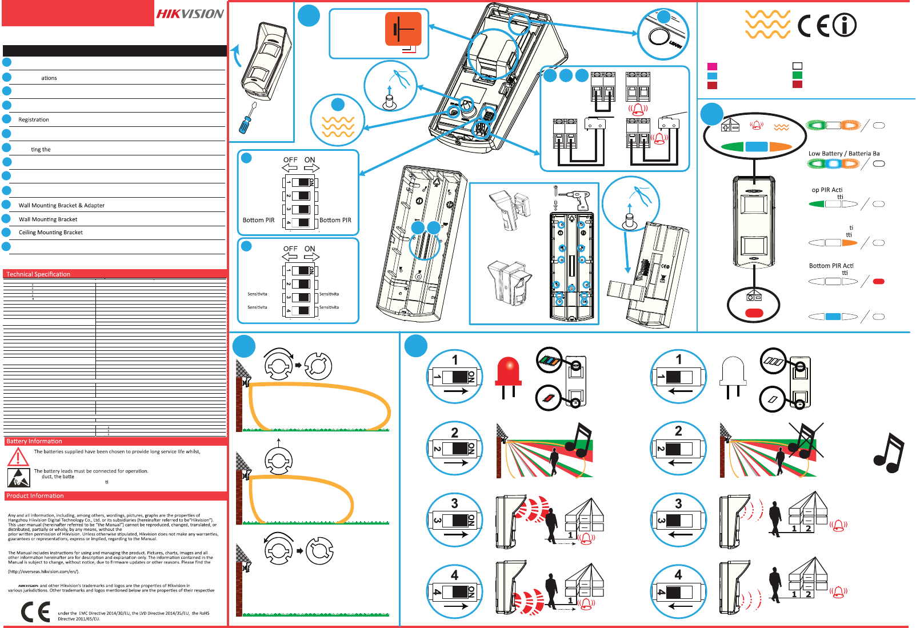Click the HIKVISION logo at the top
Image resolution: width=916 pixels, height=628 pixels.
[x=190, y=14]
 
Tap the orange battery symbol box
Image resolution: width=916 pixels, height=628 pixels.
[x=403, y=29]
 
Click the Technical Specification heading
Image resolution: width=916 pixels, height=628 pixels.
[x=38, y=274]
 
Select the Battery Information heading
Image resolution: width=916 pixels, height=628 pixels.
[x=34, y=441]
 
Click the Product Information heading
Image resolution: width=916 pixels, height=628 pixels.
[x=35, y=496]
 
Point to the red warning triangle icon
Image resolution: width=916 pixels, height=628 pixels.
[x=18, y=457]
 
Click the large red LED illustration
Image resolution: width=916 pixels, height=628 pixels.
[x=509, y=374]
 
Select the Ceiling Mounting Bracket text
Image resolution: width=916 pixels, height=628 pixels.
[x=51, y=233]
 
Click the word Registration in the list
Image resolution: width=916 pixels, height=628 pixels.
[x=34, y=120]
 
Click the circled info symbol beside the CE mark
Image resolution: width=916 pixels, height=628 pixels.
[x=844, y=25]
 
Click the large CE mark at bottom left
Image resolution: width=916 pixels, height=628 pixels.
[x=35, y=613]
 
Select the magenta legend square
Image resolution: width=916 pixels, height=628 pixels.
[x=712, y=67]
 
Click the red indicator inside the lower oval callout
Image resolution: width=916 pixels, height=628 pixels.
[x=754, y=313]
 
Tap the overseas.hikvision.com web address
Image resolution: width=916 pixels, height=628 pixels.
[x=43, y=571]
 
